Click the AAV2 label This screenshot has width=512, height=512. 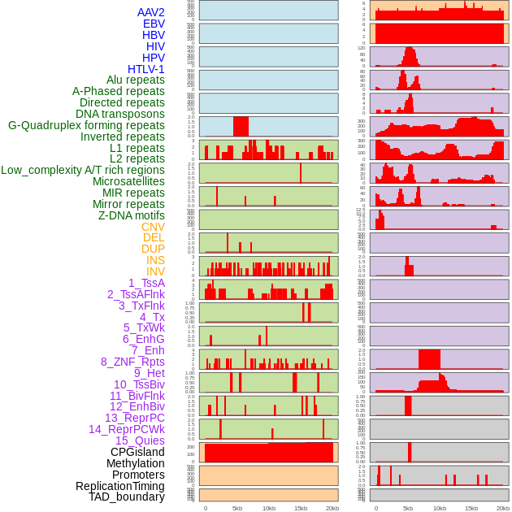tap(151, 12)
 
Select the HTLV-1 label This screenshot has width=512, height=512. tap(146, 69)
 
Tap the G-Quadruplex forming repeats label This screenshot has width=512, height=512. tap(86, 125)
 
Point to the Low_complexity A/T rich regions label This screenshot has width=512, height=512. tap(83, 170)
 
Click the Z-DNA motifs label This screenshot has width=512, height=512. tap(132, 215)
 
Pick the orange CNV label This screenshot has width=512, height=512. tap(153, 227)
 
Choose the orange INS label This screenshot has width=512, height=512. tap(155, 260)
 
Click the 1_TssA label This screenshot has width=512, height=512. tap(146, 283)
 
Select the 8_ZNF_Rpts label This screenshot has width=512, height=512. tap(132, 362)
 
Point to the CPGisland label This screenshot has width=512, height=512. tap(137, 452)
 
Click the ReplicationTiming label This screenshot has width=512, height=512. tap(119, 486)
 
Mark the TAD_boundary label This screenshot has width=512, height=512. tap(127, 497)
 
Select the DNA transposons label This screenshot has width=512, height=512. tap(120, 114)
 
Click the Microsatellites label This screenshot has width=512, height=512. tap(128, 181)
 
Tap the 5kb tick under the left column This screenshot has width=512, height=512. tap(237, 508)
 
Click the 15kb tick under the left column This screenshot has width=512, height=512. tap(301, 508)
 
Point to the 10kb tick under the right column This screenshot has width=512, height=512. tap(440, 508)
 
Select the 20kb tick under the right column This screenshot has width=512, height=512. tap(503, 508)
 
